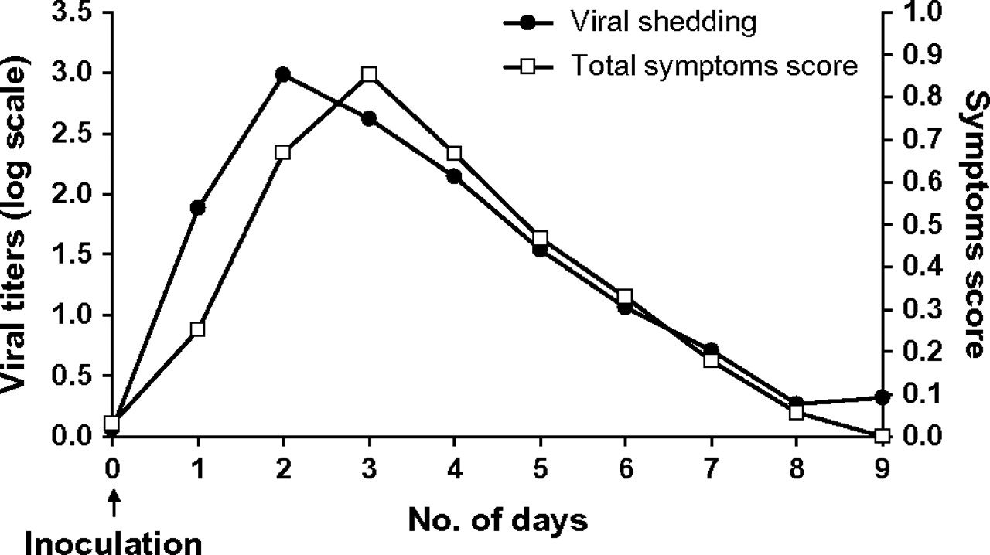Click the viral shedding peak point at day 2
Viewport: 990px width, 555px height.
(x=283, y=74)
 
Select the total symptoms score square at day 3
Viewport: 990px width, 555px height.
(x=369, y=74)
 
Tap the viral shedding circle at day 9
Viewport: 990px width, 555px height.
(x=882, y=397)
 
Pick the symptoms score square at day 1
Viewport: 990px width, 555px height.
(x=197, y=329)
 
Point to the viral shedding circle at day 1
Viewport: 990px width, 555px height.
(x=197, y=207)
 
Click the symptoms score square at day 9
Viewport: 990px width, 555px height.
(x=882, y=436)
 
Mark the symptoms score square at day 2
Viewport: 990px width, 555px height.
(x=283, y=152)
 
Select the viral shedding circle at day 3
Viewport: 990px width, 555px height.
(x=369, y=118)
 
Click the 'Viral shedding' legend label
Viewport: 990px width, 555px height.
(x=663, y=22)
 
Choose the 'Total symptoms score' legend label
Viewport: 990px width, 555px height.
(x=714, y=66)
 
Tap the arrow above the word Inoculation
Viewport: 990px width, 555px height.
(x=113, y=506)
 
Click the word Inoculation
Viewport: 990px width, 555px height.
(x=113, y=541)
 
